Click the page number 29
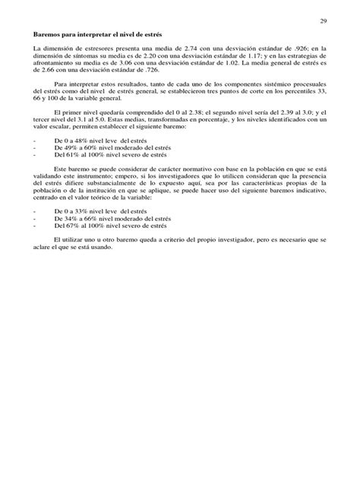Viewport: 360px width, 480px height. [x=322, y=20]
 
